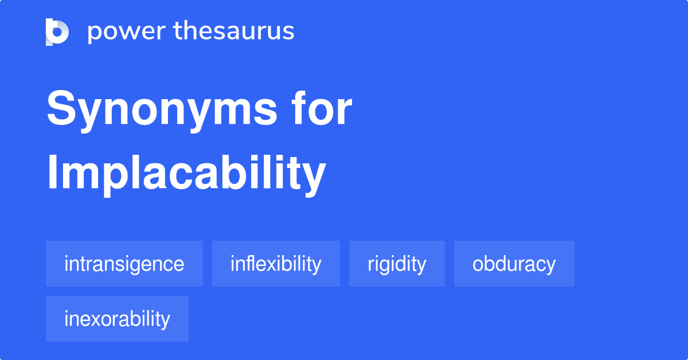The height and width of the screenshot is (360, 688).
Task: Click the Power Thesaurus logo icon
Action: pyautogui.click(x=57, y=32)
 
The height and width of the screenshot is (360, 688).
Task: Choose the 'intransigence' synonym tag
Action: pyautogui.click(x=124, y=264)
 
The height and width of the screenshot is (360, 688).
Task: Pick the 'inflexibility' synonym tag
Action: pyautogui.click(x=276, y=264)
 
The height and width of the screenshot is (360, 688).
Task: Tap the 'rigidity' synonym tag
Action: pyautogui.click(x=397, y=264)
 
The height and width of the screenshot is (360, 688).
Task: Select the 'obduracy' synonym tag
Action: pyautogui.click(x=514, y=264)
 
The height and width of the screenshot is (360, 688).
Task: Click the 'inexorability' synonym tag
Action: pyautogui.click(x=117, y=319)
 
